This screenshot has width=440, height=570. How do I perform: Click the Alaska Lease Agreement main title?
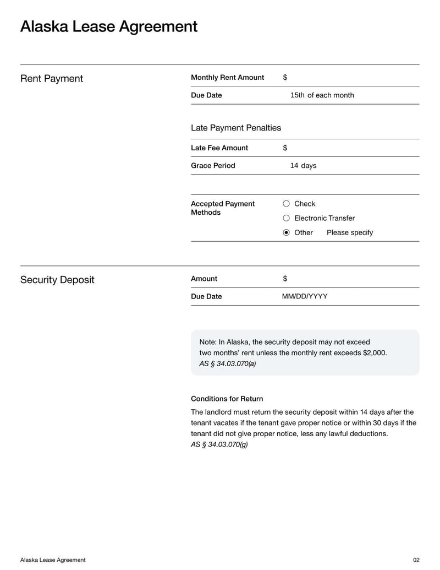(x=108, y=26)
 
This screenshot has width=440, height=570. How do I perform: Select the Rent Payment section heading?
(x=52, y=79)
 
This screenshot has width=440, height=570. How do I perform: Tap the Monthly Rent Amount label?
(x=227, y=78)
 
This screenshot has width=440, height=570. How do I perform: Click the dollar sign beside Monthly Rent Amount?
(x=285, y=78)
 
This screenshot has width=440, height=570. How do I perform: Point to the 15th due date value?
(x=298, y=95)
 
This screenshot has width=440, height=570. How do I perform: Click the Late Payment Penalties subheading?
(x=235, y=128)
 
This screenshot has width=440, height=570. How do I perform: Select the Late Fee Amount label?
(x=219, y=148)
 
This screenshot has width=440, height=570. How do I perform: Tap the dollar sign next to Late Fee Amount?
(x=285, y=148)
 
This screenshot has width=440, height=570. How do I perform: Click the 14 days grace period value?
(x=303, y=166)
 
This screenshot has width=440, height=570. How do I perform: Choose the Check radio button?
(x=286, y=204)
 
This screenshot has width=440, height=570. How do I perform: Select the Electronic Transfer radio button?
(x=286, y=218)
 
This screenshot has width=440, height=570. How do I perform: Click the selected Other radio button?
(x=286, y=232)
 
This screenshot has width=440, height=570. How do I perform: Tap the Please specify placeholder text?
(x=349, y=232)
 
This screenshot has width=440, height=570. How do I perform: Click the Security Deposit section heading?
(x=57, y=280)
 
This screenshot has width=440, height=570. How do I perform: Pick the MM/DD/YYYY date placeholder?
(x=305, y=296)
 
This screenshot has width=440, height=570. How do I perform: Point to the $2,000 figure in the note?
(x=374, y=353)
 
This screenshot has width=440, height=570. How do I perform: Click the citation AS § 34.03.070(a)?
(x=227, y=363)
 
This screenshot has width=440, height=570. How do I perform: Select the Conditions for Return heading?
(x=227, y=399)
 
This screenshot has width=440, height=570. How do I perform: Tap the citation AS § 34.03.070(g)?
(x=219, y=444)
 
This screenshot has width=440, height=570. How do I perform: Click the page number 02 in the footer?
(x=416, y=560)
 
